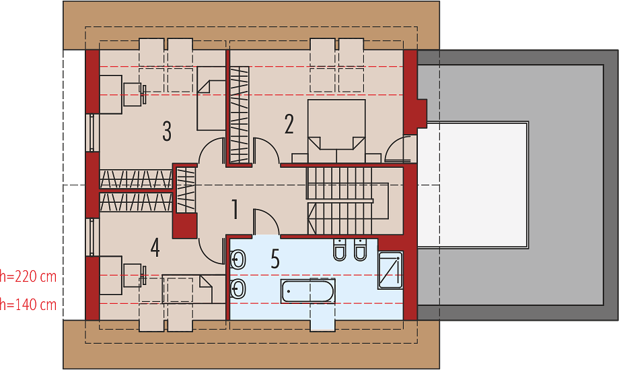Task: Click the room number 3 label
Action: [167, 131]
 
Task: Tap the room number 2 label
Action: [289, 124]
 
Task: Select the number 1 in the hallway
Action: [235, 209]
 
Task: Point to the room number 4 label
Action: [155, 247]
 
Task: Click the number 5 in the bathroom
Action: [275, 259]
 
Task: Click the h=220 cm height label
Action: [28, 276]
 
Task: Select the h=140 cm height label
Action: [28, 305]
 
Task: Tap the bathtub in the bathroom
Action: [308, 291]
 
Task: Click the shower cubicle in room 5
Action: [390, 270]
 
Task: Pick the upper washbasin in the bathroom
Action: [238, 260]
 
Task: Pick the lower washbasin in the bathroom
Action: [238, 288]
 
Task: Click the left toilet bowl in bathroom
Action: [340, 250]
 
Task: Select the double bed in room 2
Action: [336, 131]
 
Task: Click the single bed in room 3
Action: [211, 99]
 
